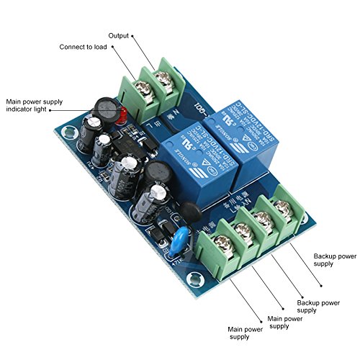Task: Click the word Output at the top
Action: pyautogui.click(x=119, y=35)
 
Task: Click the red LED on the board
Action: pyautogui.click(x=122, y=114)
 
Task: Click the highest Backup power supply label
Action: pyautogui.click(x=334, y=258)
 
